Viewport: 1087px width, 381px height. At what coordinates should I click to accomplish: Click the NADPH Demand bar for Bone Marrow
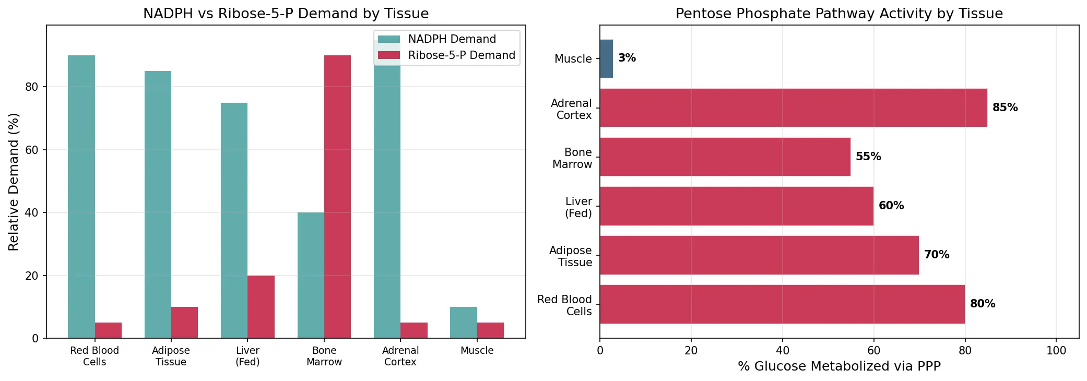[x=311, y=275]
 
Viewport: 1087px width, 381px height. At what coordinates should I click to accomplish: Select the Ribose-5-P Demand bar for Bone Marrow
[x=337, y=197]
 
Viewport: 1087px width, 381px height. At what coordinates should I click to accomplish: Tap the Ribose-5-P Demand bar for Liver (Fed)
[x=261, y=307]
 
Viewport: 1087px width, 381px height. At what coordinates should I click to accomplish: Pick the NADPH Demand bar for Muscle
[x=463, y=323]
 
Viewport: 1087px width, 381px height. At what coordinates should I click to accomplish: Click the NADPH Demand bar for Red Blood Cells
[x=81, y=197]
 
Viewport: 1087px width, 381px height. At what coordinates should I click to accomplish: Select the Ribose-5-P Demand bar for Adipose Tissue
[x=184, y=323]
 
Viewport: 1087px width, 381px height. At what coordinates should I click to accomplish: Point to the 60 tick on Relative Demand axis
[x=32, y=150]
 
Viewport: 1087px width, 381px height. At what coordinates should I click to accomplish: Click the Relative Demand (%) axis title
[x=14, y=182]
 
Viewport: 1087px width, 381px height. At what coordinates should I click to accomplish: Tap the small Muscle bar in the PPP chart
[x=606, y=58]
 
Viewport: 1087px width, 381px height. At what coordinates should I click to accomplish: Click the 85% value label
[x=1005, y=108]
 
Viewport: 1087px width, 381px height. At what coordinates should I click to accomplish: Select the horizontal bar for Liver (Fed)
[x=736, y=206]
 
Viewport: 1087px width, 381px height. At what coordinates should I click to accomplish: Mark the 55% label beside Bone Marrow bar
[x=868, y=157]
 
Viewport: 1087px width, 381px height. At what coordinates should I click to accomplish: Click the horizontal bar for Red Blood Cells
[x=782, y=304]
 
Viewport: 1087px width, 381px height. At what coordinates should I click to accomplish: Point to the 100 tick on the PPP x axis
[x=1056, y=351]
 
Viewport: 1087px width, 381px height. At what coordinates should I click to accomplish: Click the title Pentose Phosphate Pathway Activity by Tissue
[x=839, y=14]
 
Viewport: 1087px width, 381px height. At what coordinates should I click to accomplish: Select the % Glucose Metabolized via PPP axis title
[x=839, y=366]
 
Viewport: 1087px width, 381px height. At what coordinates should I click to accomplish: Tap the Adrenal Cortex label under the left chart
[x=400, y=356]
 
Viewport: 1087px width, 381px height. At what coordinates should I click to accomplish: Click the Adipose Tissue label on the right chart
[x=571, y=256]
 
